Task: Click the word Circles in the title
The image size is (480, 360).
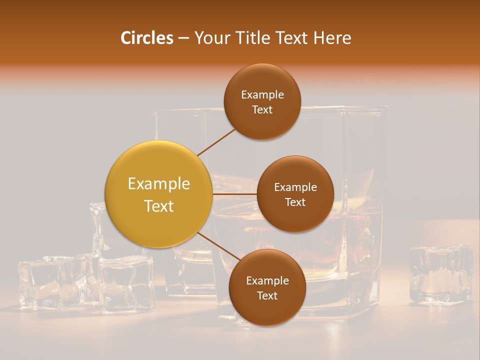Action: pos(146,38)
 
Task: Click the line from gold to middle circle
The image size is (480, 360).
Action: pos(234,193)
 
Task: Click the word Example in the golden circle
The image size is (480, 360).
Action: pos(159,184)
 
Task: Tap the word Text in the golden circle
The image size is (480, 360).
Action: pos(159,206)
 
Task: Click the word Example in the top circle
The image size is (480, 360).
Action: pos(262,94)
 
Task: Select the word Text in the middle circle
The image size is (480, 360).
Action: pos(295,202)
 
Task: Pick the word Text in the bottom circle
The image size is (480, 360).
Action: pos(267,295)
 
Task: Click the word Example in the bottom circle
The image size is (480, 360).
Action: pos(267,280)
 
